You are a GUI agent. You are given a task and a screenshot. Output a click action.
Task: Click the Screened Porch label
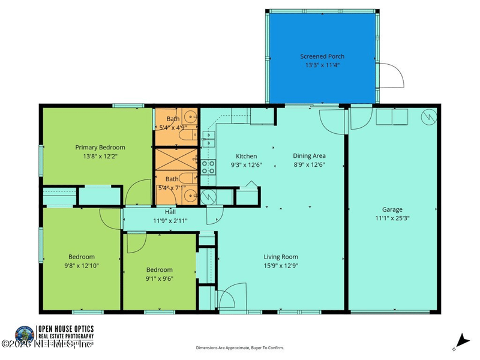pos(322,56)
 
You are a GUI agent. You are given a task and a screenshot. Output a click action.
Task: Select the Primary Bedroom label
pos(100,148)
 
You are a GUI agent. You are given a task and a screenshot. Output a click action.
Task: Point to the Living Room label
pos(281,257)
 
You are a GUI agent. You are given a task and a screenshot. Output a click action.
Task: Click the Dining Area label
pos(309,156)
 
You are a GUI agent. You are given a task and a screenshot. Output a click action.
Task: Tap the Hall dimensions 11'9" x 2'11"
pos(170,221)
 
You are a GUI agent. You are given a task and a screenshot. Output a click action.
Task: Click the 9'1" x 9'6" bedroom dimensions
pos(160,278)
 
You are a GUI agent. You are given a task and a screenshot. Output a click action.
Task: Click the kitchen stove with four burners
pos(208,167)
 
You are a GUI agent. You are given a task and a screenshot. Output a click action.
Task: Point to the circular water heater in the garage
pos(430,116)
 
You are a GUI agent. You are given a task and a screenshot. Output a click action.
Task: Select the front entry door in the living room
pos(228,300)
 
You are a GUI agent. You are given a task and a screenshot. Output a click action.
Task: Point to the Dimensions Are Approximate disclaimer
pos(240,347)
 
